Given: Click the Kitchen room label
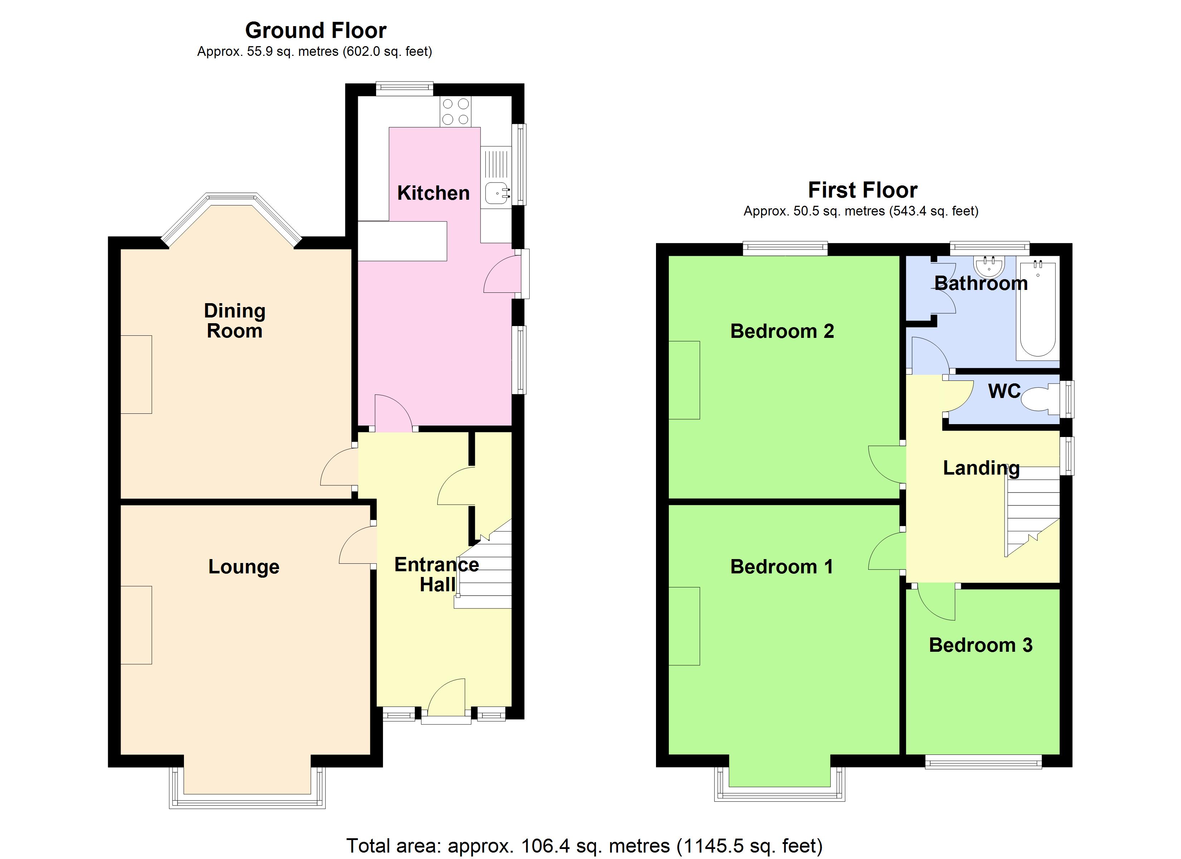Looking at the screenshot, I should click(x=433, y=193).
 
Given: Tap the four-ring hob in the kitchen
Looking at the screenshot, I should click(x=456, y=111).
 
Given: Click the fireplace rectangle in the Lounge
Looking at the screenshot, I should click(x=136, y=625).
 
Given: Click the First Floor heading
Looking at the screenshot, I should click(x=862, y=190).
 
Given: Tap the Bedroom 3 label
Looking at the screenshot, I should click(x=981, y=645).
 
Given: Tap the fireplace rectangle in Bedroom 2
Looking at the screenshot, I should click(x=684, y=380).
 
